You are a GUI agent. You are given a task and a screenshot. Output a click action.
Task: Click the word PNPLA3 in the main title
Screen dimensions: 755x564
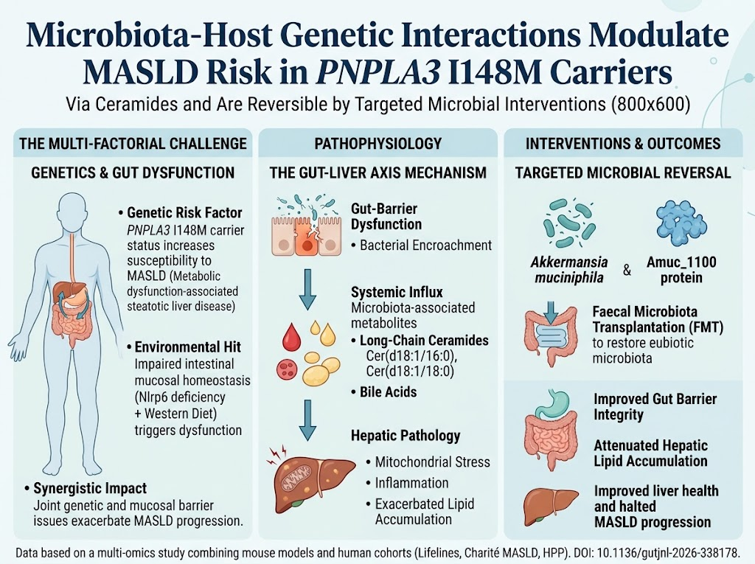point(380,72)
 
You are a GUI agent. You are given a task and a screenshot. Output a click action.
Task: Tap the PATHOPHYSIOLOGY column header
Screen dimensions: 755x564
point(378,144)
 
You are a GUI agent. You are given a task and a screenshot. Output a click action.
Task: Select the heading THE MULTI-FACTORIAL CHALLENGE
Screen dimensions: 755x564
point(133,144)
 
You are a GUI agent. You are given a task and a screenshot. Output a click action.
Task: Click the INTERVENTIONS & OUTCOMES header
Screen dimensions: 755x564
point(623,144)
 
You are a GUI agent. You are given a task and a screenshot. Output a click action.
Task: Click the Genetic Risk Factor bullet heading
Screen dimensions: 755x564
point(184,213)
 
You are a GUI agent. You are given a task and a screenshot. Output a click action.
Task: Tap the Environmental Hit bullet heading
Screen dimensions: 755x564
point(188,347)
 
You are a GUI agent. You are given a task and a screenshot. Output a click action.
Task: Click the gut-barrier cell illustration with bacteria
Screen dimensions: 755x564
point(306,224)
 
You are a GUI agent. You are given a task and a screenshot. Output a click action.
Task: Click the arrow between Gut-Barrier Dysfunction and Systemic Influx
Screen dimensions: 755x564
point(307,289)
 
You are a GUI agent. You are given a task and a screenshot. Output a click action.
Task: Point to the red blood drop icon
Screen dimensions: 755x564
point(290,336)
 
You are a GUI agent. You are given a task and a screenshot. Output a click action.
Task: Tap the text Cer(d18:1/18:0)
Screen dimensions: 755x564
point(410,371)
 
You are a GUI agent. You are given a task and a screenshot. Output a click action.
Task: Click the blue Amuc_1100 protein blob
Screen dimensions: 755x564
point(681,222)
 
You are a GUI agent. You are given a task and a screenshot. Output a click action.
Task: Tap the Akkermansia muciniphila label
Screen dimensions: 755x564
point(569,270)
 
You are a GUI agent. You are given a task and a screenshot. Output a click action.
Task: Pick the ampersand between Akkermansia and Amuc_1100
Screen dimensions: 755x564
point(627,270)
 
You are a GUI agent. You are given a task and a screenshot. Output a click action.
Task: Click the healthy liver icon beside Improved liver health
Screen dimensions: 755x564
point(551,506)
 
